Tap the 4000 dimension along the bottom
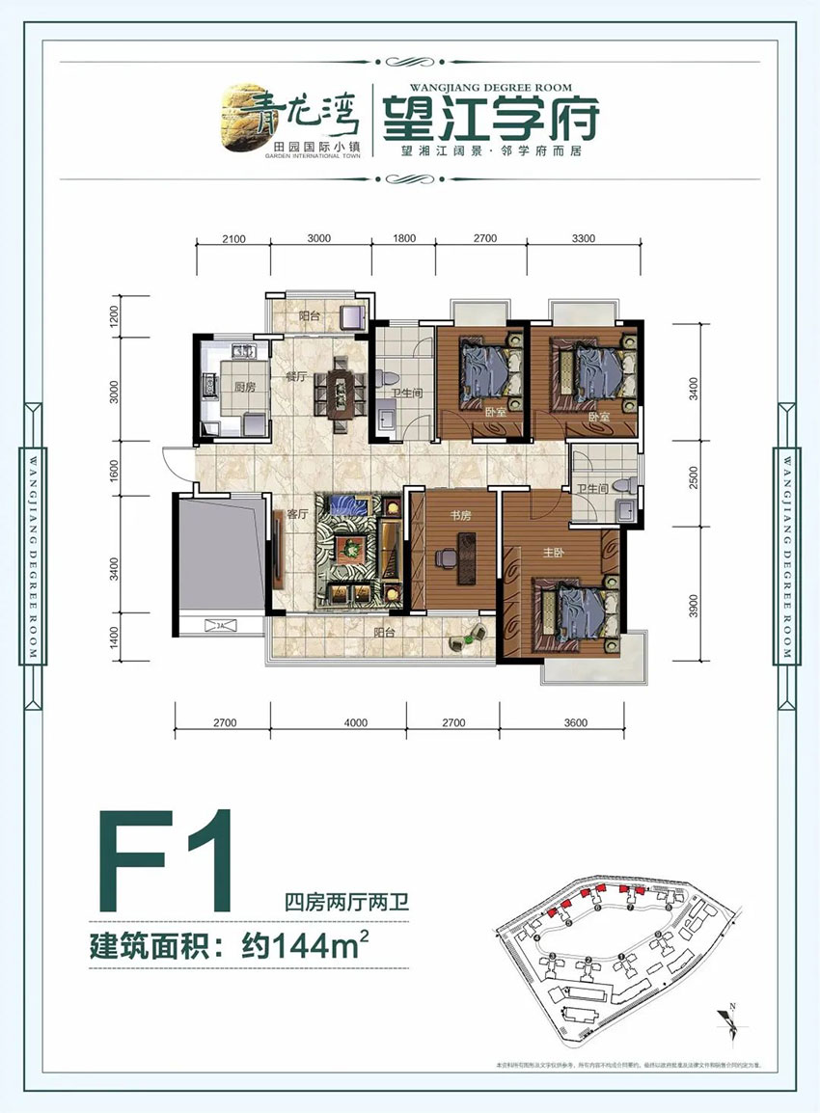point(356,722)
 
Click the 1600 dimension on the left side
point(114,472)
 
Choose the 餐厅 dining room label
point(295,379)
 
